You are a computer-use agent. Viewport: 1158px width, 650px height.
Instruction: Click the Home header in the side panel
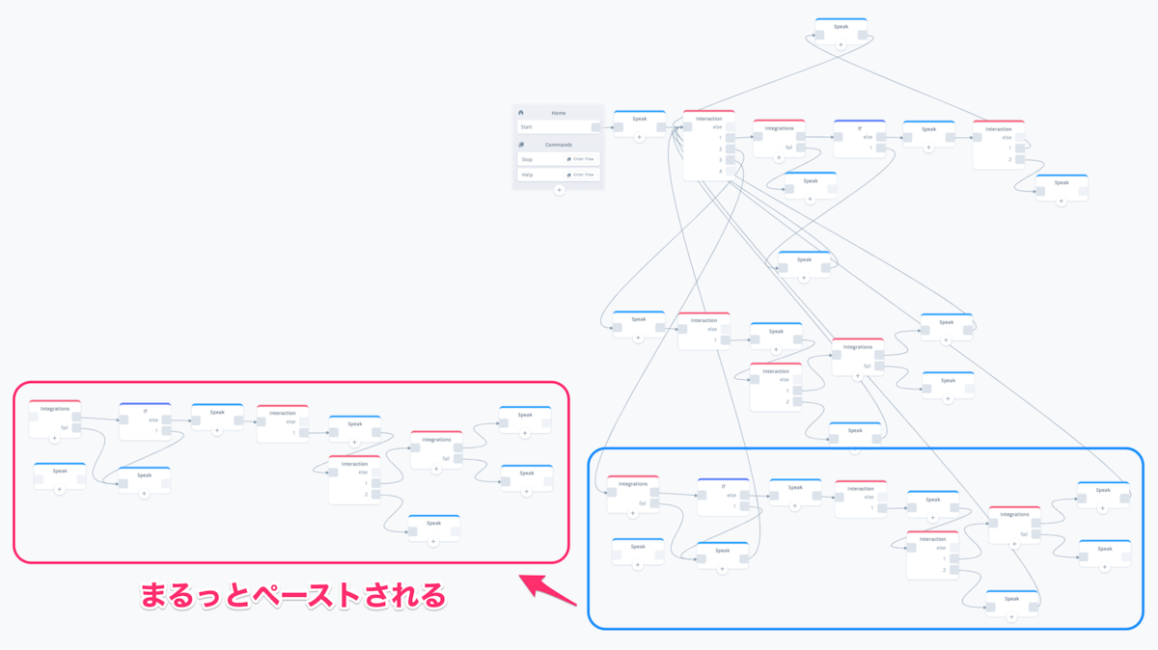click(559, 113)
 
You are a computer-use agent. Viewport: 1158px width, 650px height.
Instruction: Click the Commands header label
click(559, 145)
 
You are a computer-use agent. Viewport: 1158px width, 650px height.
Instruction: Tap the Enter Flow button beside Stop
click(582, 159)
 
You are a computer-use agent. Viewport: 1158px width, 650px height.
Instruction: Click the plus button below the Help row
click(559, 190)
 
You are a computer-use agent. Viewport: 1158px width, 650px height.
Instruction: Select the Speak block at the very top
click(841, 27)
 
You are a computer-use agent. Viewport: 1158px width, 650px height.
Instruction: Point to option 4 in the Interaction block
click(720, 172)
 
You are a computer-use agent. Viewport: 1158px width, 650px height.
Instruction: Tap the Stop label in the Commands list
click(527, 159)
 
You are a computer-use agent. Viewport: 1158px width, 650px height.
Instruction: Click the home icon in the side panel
click(521, 113)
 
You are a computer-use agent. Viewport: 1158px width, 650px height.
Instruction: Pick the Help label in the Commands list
click(527, 175)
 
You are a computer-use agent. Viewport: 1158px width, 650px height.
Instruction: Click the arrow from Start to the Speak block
click(608, 127)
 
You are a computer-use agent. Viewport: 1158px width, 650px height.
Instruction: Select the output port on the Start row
click(596, 127)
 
